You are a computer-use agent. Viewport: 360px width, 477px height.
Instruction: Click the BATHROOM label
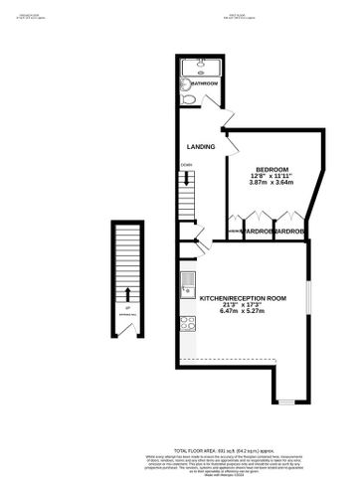205,83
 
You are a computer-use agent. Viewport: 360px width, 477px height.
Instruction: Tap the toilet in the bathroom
191,99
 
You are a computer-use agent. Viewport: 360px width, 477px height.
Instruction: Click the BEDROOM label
272,170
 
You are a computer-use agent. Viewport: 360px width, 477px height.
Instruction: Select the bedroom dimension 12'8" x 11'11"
272,177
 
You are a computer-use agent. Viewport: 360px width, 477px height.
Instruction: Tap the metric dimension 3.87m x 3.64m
272,185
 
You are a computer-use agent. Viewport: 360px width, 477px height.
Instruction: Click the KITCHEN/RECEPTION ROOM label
243,298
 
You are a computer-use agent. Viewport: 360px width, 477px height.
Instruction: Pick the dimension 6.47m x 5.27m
243,314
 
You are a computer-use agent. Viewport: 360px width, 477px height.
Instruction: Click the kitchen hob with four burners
186,323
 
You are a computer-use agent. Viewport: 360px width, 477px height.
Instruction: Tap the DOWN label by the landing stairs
186,165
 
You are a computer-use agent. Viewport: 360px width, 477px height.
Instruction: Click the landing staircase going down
186,185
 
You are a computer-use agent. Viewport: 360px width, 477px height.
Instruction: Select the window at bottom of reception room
284,400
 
